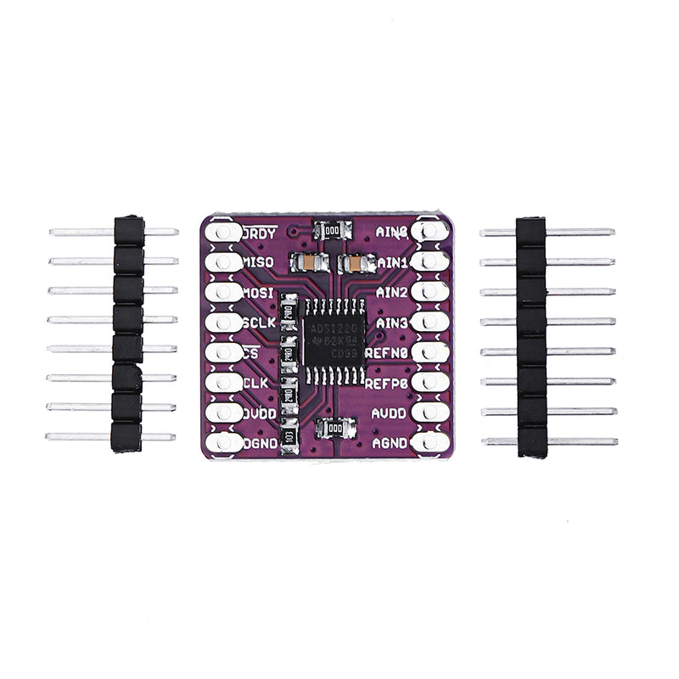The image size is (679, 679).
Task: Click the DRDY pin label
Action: click(x=259, y=232)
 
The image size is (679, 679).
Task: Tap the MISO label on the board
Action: click(x=259, y=262)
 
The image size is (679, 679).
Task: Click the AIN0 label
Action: click(x=392, y=231)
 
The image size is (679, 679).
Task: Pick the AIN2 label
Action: click(x=392, y=292)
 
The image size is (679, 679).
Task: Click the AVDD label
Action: click(x=391, y=412)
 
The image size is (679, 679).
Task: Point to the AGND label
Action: click(x=391, y=442)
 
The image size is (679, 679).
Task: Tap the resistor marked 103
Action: click(x=289, y=437)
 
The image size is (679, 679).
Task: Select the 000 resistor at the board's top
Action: click(x=332, y=229)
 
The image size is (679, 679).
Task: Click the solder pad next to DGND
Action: click(x=223, y=442)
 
